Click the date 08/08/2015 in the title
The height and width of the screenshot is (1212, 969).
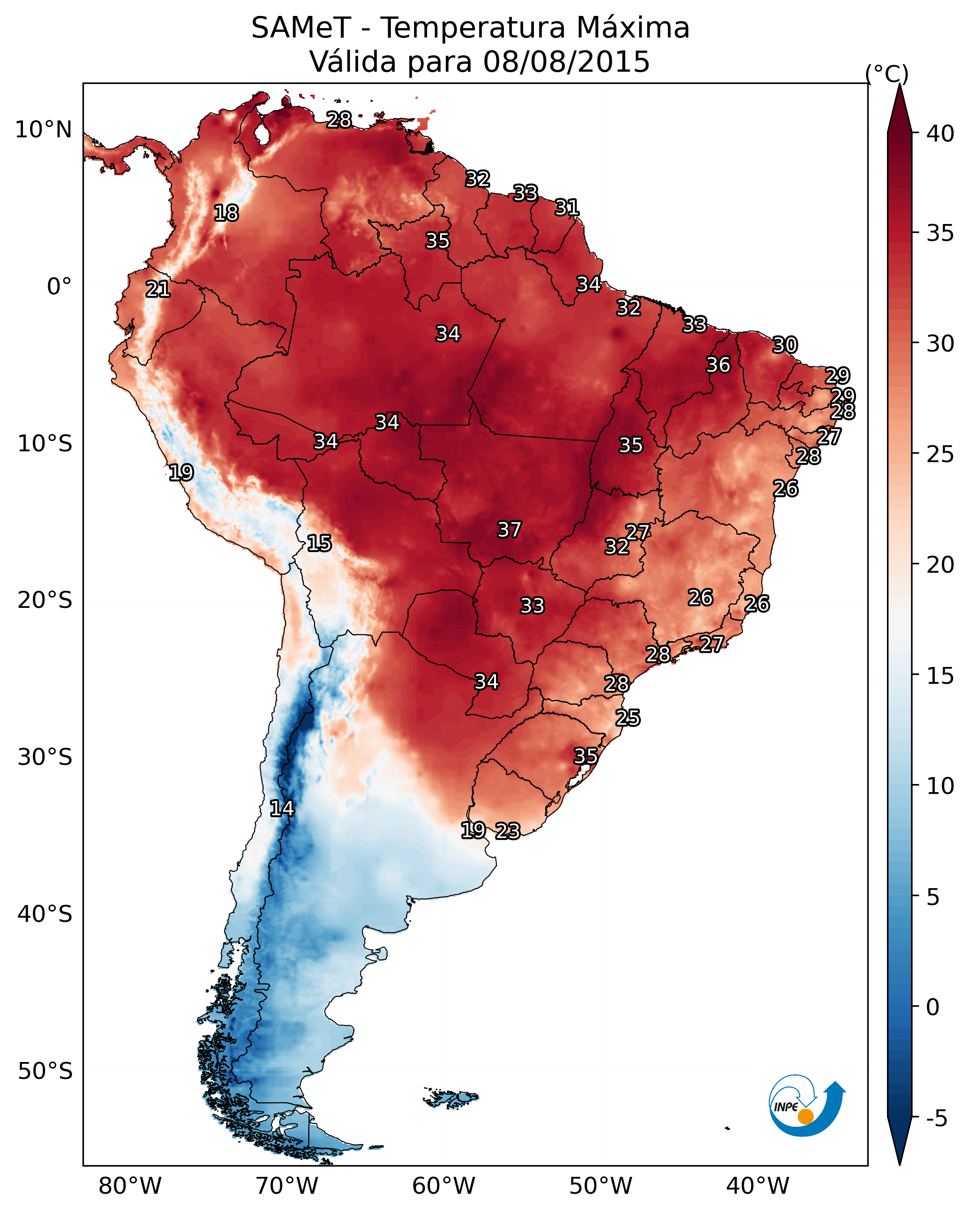coord(566,62)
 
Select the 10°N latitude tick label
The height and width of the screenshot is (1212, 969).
coord(43,130)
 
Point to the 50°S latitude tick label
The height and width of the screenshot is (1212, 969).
coord(45,1071)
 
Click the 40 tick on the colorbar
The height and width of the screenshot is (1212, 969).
coord(940,134)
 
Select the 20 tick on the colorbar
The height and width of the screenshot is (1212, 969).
coord(940,564)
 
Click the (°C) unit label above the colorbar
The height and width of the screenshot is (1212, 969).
coord(887,74)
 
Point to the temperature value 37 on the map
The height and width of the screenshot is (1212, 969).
coord(510,530)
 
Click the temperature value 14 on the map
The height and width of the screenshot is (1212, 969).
coord(282,808)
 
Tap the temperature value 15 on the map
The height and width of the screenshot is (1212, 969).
coord(319,543)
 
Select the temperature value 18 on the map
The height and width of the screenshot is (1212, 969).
coord(226,213)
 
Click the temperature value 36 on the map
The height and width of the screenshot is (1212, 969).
coord(718,365)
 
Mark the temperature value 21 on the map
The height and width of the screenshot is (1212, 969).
coord(158,290)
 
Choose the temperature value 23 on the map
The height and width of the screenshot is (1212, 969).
coord(508,831)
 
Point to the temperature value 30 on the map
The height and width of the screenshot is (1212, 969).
coord(785,344)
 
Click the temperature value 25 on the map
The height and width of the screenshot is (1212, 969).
coord(628,718)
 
